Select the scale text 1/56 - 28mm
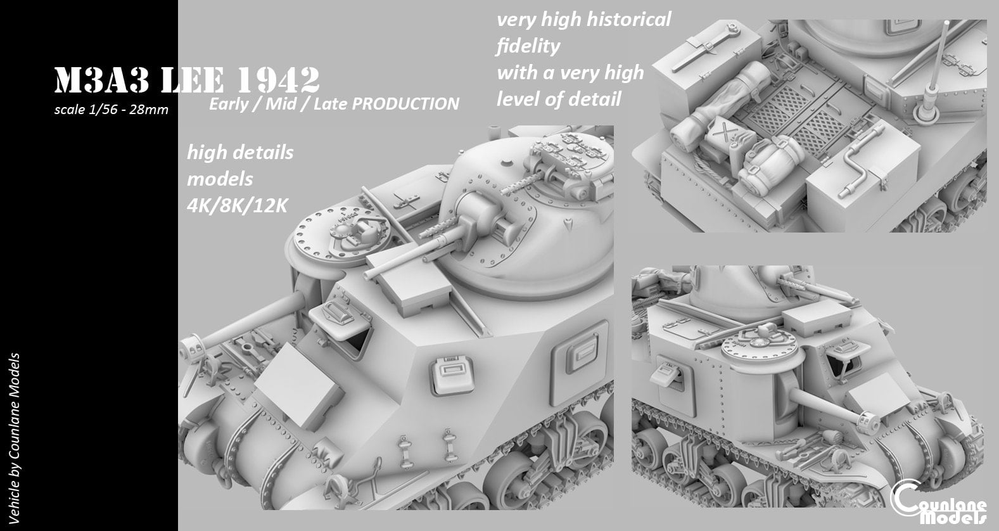tap(111, 110)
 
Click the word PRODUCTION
tap(405, 104)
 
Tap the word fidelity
tap(528, 46)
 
